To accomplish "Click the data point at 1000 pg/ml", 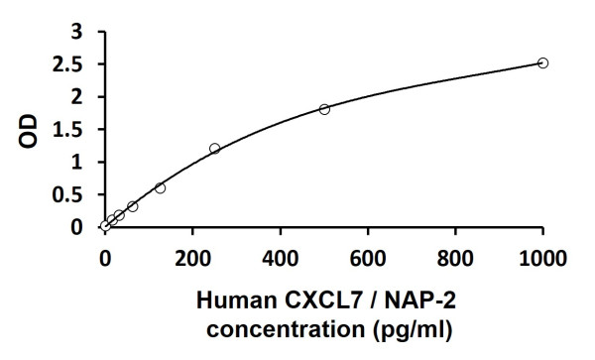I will tap(542, 62).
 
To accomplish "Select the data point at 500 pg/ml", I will tap(324, 109).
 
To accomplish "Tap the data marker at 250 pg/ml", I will tap(214, 149).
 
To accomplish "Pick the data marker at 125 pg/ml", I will tap(160, 187).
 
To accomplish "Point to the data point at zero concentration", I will tap(105, 226).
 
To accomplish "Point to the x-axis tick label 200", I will tap(192, 259).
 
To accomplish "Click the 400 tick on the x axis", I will tap(281, 259).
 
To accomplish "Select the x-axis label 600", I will tap(368, 259).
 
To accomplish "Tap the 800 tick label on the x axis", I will tap(455, 259).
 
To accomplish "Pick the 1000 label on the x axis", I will tap(542, 259).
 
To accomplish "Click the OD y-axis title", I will tap(30, 130).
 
